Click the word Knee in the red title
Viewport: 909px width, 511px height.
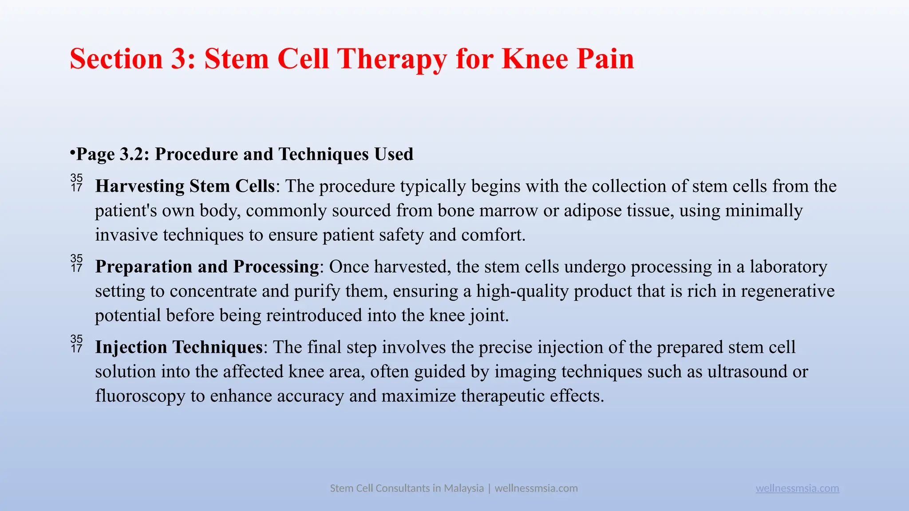534,59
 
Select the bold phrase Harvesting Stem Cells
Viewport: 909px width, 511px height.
185,186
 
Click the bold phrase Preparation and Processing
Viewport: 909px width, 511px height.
207,267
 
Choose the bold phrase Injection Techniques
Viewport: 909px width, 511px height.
179,347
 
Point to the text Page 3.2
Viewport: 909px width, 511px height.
113,154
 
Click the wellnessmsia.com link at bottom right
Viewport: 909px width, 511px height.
797,488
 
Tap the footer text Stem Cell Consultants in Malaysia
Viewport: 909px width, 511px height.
407,488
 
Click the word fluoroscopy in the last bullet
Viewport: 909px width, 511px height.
140,396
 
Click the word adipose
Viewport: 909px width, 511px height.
593,210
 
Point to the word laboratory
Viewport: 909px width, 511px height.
788,267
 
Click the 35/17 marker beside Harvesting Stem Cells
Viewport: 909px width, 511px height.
77,183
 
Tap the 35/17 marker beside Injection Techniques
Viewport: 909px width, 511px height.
77,344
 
